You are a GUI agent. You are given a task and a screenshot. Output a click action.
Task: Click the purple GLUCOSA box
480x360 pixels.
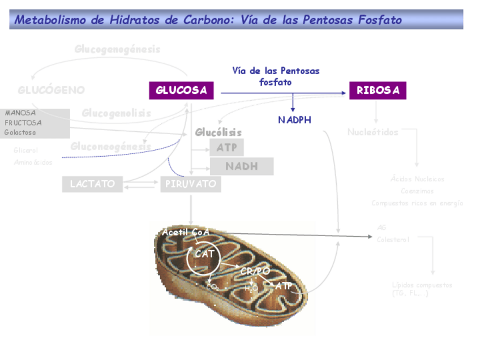tap(181, 91)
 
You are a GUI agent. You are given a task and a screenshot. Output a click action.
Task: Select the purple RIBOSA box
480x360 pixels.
tap(378, 91)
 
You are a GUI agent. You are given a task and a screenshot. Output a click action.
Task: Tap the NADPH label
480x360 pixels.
tap(294, 120)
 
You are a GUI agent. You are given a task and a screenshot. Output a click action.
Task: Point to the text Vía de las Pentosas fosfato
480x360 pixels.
tap(276, 76)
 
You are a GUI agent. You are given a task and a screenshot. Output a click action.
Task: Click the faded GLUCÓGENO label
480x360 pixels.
tap(51, 90)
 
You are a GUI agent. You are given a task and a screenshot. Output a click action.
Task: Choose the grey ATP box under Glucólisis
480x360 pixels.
tap(226, 148)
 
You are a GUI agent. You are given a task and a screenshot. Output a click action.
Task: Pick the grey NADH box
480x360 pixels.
tap(242, 166)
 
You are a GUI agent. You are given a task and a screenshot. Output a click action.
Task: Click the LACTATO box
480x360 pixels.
tap(92, 184)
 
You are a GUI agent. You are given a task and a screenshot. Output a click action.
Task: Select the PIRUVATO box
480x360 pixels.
tap(190, 184)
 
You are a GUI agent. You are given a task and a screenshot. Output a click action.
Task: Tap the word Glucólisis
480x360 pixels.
tap(218, 132)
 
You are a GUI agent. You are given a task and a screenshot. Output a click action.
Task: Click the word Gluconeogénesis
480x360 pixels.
tap(110, 147)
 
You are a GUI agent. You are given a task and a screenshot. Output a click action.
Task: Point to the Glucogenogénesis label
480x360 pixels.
tap(117, 49)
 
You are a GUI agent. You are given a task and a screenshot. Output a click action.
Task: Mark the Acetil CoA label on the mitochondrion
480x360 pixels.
tap(186, 232)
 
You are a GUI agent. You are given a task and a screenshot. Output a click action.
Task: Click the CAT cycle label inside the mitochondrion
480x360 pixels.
tap(204, 254)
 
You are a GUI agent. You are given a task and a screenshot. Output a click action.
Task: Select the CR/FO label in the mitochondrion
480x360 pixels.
tap(255, 272)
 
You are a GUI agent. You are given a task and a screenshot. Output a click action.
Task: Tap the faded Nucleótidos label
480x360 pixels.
tap(372, 132)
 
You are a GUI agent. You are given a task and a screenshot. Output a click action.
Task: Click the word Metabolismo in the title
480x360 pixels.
tap(51, 20)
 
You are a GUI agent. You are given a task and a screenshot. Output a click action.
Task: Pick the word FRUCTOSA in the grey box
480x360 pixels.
tap(23, 122)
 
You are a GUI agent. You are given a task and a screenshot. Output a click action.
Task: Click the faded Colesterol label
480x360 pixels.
tap(393, 239)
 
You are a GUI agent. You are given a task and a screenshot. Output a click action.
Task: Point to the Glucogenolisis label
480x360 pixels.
tap(116, 113)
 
